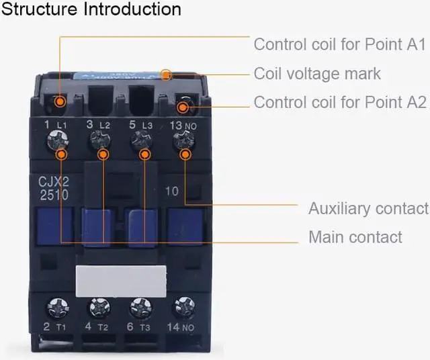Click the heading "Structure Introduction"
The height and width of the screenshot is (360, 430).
[92, 9]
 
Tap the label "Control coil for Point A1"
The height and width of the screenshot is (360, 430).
[340, 45]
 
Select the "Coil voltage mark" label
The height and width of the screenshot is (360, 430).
[317, 73]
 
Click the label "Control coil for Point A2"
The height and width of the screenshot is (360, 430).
[340, 103]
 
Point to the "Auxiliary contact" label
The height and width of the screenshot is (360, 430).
[368, 208]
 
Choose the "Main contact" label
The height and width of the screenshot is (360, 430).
[355, 237]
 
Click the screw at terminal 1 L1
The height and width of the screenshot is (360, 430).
[54, 141]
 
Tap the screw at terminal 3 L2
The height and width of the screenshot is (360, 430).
[99, 141]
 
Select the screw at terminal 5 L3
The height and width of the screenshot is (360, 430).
[140, 141]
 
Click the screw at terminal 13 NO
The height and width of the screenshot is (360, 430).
[182, 141]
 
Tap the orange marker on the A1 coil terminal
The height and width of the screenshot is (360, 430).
[60, 101]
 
